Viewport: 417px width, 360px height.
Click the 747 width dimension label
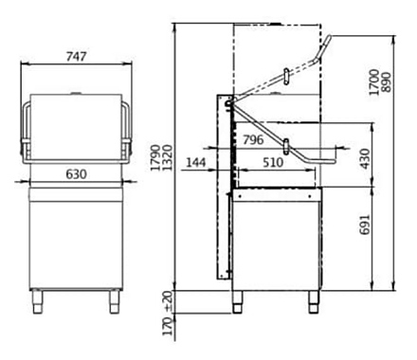(x=76, y=56)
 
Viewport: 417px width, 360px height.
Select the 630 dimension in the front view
(x=76, y=174)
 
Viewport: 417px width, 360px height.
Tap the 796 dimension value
(x=253, y=139)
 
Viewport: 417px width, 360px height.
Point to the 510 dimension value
(x=273, y=162)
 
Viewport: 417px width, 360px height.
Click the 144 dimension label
(x=196, y=162)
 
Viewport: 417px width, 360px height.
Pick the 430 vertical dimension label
(x=365, y=159)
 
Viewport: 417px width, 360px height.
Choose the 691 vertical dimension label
(x=365, y=225)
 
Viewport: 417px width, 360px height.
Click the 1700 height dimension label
(x=373, y=82)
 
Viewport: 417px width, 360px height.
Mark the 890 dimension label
(x=386, y=82)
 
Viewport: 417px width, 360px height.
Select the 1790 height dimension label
(x=155, y=157)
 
